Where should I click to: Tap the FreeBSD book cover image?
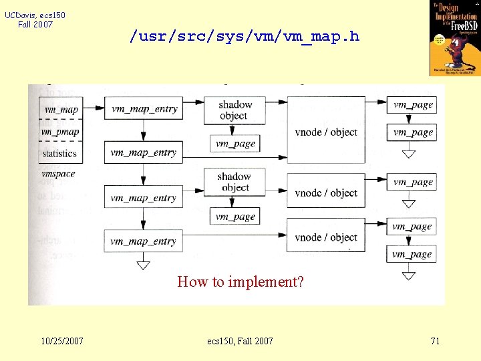click(x=454, y=38)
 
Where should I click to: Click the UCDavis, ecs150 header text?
click(x=35, y=19)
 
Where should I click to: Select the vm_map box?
click(x=60, y=109)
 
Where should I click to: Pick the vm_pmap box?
click(x=60, y=131)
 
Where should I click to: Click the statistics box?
click(x=60, y=153)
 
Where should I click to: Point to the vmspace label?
click(x=58, y=174)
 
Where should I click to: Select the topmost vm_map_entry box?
click(x=144, y=108)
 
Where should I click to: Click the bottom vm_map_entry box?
click(x=144, y=241)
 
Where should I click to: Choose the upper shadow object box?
click(x=235, y=110)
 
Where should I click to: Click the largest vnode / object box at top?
click(x=326, y=132)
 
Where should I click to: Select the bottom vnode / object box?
click(x=326, y=237)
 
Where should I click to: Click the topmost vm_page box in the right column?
click(x=413, y=104)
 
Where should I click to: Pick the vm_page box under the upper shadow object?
click(x=235, y=144)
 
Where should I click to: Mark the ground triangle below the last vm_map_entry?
click(x=143, y=265)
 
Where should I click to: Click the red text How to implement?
click(x=240, y=281)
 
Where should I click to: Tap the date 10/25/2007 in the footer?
click(x=61, y=341)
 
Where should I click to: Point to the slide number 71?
click(x=435, y=341)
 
